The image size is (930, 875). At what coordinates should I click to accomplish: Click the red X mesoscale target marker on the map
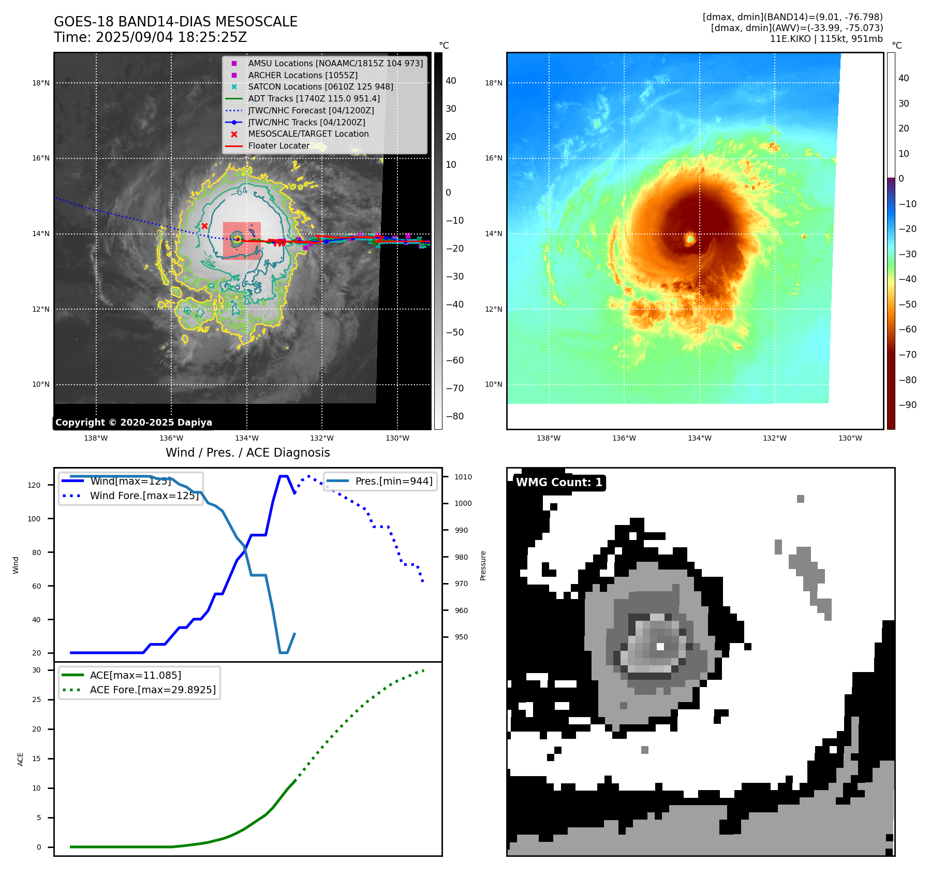204,226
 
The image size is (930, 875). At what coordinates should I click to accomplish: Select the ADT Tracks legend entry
314,98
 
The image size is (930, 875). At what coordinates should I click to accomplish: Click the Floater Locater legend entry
278,145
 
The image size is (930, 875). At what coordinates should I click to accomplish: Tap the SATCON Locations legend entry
320,86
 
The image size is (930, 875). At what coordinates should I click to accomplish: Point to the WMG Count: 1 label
559,483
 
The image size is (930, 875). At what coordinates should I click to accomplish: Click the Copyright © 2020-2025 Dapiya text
134,422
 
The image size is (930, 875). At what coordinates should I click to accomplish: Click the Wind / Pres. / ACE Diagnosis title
247,453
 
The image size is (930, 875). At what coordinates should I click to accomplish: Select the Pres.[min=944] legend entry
393,481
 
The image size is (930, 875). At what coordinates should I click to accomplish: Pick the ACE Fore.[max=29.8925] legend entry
153,690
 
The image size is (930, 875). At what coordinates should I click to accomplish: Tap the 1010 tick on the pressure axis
463,477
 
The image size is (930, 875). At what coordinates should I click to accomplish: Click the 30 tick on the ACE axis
36,670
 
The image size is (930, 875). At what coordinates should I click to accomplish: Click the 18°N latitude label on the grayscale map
41,83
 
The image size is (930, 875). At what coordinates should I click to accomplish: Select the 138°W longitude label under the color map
549,438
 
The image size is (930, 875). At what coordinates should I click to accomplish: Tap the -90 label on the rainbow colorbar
907,405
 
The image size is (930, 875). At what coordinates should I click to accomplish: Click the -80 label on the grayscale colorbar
455,416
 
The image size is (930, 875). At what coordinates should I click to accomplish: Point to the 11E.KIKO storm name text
790,39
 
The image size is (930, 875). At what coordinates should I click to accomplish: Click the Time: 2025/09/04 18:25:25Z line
150,37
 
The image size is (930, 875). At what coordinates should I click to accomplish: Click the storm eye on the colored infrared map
690,239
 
